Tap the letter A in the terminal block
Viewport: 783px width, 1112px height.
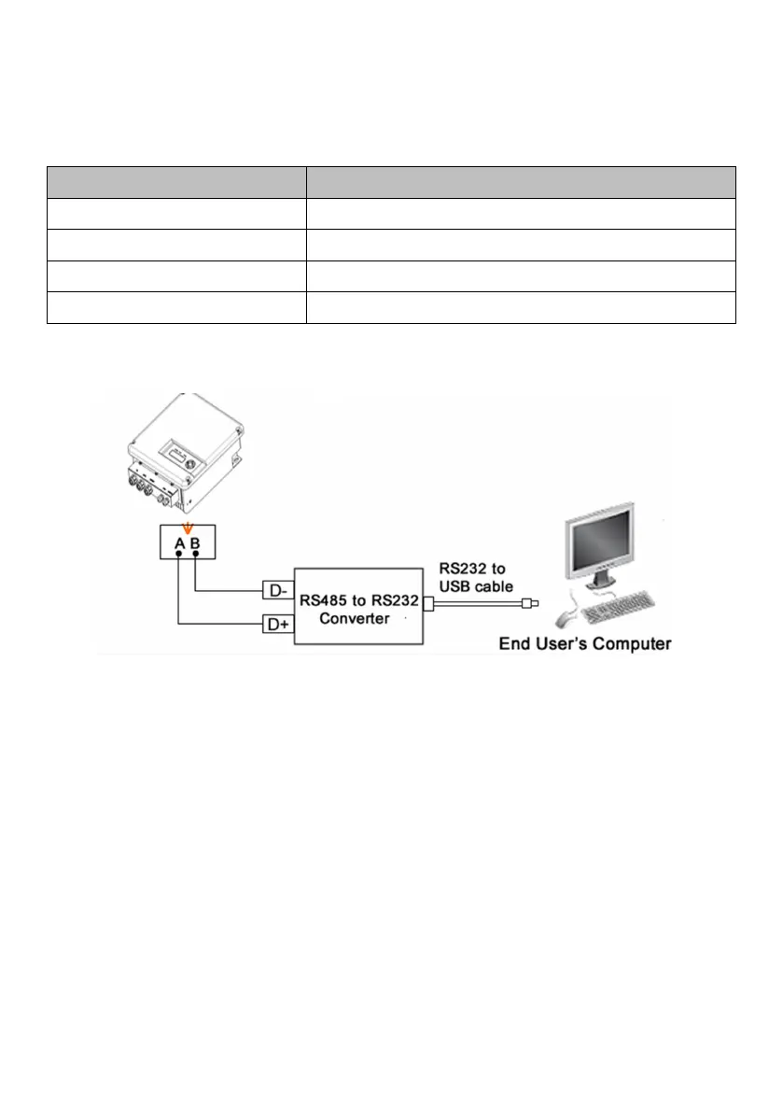pos(178,539)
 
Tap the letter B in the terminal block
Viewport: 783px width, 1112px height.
pos(194,539)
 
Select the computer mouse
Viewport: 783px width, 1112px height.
pos(563,617)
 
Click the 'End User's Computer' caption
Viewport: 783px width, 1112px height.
pos(585,643)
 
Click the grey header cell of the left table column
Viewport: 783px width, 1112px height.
pos(176,182)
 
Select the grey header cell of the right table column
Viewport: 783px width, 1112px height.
pos(521,182)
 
